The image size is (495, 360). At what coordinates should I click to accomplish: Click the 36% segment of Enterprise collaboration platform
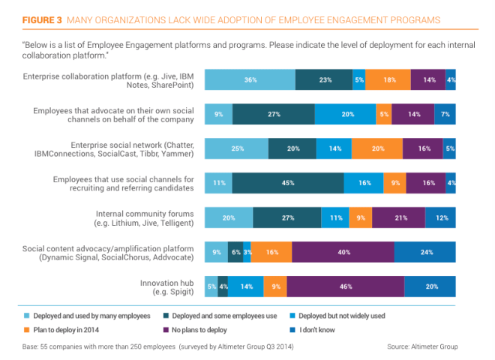click(x=250, y=79)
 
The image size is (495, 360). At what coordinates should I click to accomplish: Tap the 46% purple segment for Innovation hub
click(x=345, y=286)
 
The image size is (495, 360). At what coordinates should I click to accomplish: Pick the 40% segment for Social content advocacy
click(x=343, y=252)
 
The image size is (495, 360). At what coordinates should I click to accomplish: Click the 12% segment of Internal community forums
click(x=441, y=217)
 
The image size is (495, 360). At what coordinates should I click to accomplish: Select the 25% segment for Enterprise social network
click(x=236, y=148)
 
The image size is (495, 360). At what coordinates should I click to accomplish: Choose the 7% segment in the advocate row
click(x=445, y=114)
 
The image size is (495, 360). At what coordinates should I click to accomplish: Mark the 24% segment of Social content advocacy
click(x=425, y=252)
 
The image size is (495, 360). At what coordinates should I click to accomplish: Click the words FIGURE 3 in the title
click(x=44, y=18)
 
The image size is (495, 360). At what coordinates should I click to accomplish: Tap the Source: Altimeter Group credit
click(x=422, y=346)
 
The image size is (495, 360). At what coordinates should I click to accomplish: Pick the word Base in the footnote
click(x=31, y=346)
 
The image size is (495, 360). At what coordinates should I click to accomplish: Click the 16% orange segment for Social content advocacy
click(x=271, y=252)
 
